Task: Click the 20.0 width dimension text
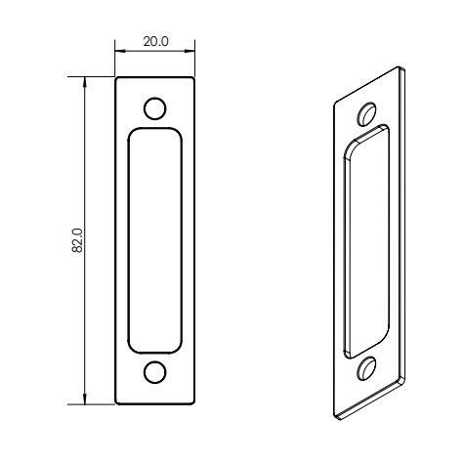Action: (x=156, y=42)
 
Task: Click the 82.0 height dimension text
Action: (x=78, y=240)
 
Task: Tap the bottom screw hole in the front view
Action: (x=155, y=372)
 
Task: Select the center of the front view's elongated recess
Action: (x=155, y=240)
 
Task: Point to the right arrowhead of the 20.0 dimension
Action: (x=192, y=52)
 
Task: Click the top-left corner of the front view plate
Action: (x=117, y=78)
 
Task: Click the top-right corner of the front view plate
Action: (x=194, y=78)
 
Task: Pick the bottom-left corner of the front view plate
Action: (x=117, y=402)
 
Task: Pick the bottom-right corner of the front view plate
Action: (x=194, y=402)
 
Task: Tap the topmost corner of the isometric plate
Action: (x=401, y=67)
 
